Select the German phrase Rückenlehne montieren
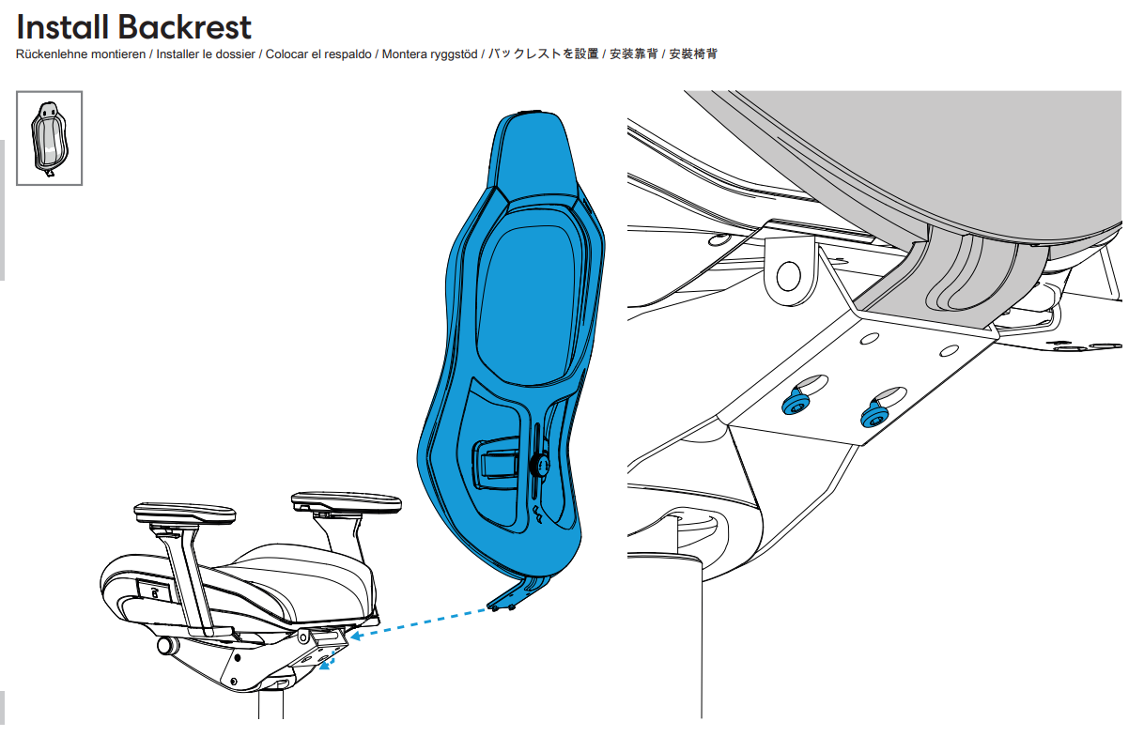coord(81,54)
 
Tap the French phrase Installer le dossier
coord(206,54)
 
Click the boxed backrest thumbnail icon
coord(50,138)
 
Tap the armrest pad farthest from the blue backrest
coord(185,514)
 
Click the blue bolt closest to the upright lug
coord(797,405)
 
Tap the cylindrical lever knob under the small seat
coord(168,646)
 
